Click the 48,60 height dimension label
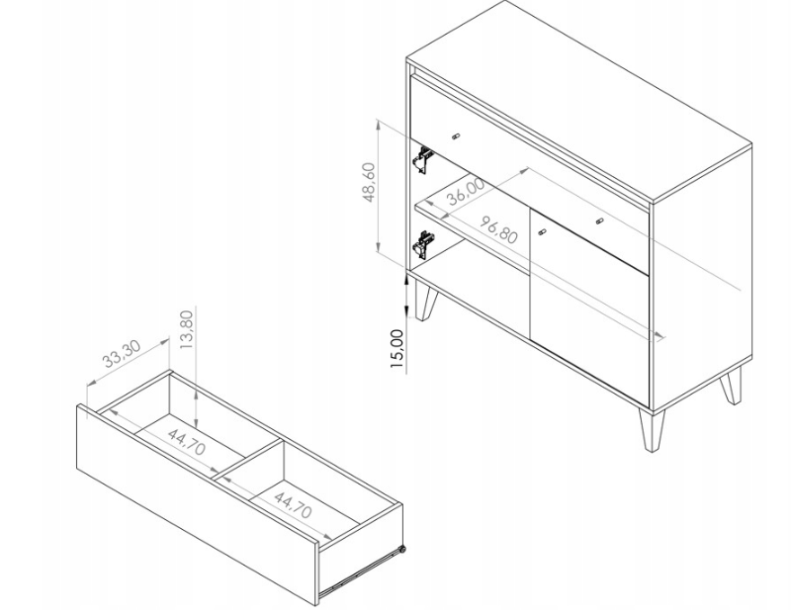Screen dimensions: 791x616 [370, 183]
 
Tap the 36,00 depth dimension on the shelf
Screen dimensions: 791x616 [466, 192]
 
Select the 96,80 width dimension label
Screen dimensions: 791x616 [498, 229]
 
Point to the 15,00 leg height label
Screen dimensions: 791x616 [397, 349]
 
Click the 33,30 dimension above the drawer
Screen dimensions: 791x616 [122, 354]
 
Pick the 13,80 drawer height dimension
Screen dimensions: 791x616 [186, 330]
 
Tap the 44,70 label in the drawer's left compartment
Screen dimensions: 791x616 [186, 442]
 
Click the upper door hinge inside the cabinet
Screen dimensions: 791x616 [423, 159]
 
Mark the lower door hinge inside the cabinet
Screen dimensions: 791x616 [423, 245]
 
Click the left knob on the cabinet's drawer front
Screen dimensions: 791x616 [456, 136]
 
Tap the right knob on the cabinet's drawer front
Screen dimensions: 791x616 [599, 220]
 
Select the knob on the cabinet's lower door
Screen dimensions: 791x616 [542, 232]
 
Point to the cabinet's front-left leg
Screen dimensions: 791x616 [425, 301]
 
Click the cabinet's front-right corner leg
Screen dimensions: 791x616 [652, 430]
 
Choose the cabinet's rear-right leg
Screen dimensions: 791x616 [732, 386]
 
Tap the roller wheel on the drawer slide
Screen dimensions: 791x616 [402, 550]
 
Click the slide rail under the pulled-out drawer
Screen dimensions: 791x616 [360, 572]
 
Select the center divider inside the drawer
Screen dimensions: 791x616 [247, 460]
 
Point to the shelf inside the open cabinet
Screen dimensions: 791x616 [472, 222]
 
